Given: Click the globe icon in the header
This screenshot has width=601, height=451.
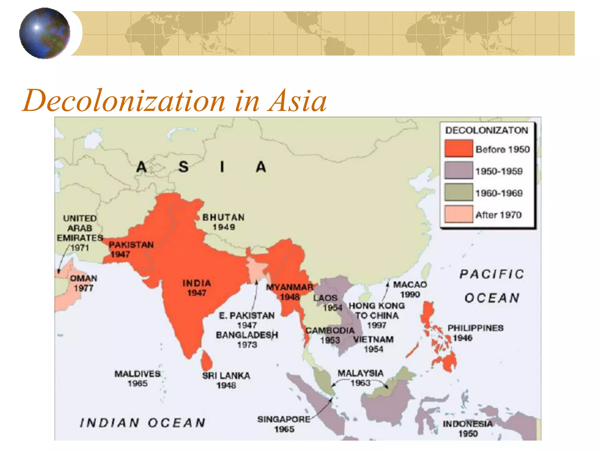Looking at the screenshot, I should (x=45, y=33).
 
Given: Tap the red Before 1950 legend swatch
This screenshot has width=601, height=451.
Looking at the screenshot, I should (x=459, y=149).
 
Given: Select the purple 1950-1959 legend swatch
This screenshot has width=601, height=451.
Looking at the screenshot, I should (x=459, y=170).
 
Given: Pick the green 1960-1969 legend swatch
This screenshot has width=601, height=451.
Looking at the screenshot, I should (x=459, y=192).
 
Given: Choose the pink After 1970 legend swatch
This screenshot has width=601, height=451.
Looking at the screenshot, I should (x=459, y=214).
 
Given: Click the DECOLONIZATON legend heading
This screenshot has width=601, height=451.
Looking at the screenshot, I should (x=487, y=130).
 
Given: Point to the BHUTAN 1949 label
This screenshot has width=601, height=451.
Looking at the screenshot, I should (x=224, y=222).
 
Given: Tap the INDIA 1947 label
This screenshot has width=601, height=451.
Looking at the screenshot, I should (x=197, y=288).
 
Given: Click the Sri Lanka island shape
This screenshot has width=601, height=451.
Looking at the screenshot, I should (x=207, y=361).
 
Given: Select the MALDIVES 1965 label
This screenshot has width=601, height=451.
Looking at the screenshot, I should (x=138, y=378).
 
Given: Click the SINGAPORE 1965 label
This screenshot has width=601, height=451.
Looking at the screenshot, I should (x=284, y=424).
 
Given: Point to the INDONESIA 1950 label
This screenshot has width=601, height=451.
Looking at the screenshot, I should (x=468, y=428).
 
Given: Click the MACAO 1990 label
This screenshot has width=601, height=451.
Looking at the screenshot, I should (x=410, y=289).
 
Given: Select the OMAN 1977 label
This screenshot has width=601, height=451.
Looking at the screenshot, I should (x=84, y=283).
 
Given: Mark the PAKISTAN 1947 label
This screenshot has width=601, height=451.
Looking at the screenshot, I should (x=131, y=249).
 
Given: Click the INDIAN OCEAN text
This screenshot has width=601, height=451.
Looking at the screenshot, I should (x=143, y=423).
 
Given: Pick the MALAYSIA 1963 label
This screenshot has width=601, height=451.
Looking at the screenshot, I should (x=360, y=378).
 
